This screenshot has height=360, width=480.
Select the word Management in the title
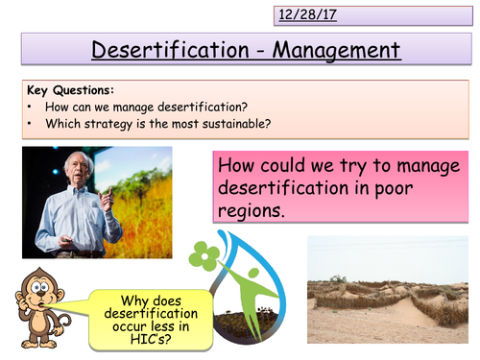coord(328,50)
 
